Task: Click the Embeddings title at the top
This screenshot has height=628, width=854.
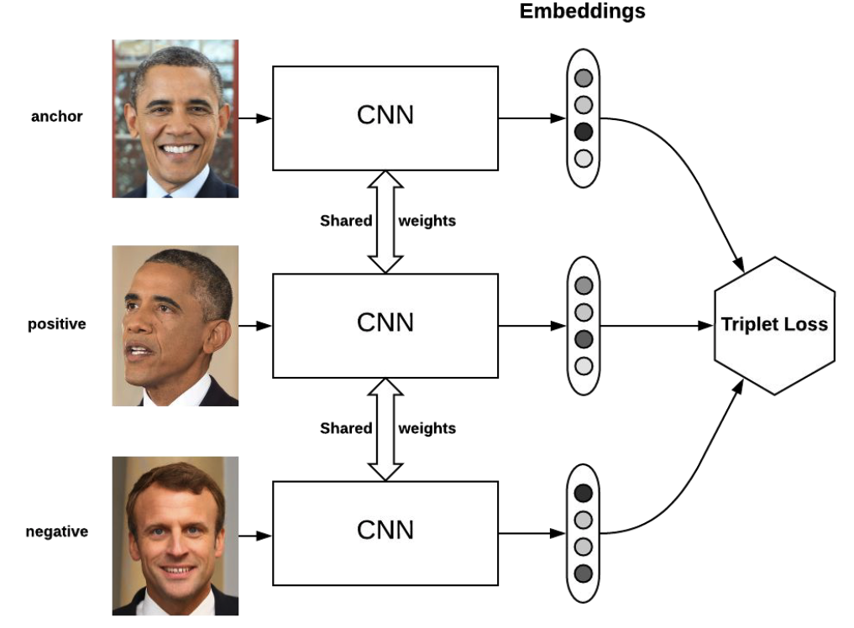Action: (582, 12)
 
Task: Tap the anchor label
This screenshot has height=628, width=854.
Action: (57, 117)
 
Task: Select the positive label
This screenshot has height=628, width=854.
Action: (57, 323)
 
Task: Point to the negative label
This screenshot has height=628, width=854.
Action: (57, 531)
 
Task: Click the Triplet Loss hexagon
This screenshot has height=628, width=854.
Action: (774, 325)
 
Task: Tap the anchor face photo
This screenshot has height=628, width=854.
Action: (176, 118)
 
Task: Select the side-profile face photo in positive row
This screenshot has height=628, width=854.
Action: (176, 326)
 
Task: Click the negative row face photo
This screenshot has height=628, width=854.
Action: (176, 536)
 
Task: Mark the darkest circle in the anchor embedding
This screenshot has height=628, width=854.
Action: (584, 132)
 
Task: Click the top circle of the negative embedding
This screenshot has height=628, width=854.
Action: (584, 493)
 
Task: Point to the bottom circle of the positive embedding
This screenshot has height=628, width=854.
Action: (584, 365)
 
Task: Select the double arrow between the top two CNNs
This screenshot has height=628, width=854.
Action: (385, 221)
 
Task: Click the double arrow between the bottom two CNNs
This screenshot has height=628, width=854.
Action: (385, 428)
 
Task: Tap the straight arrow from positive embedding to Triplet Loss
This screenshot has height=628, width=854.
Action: (655, 325)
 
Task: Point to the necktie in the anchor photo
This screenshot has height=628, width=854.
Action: (168, 195)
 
